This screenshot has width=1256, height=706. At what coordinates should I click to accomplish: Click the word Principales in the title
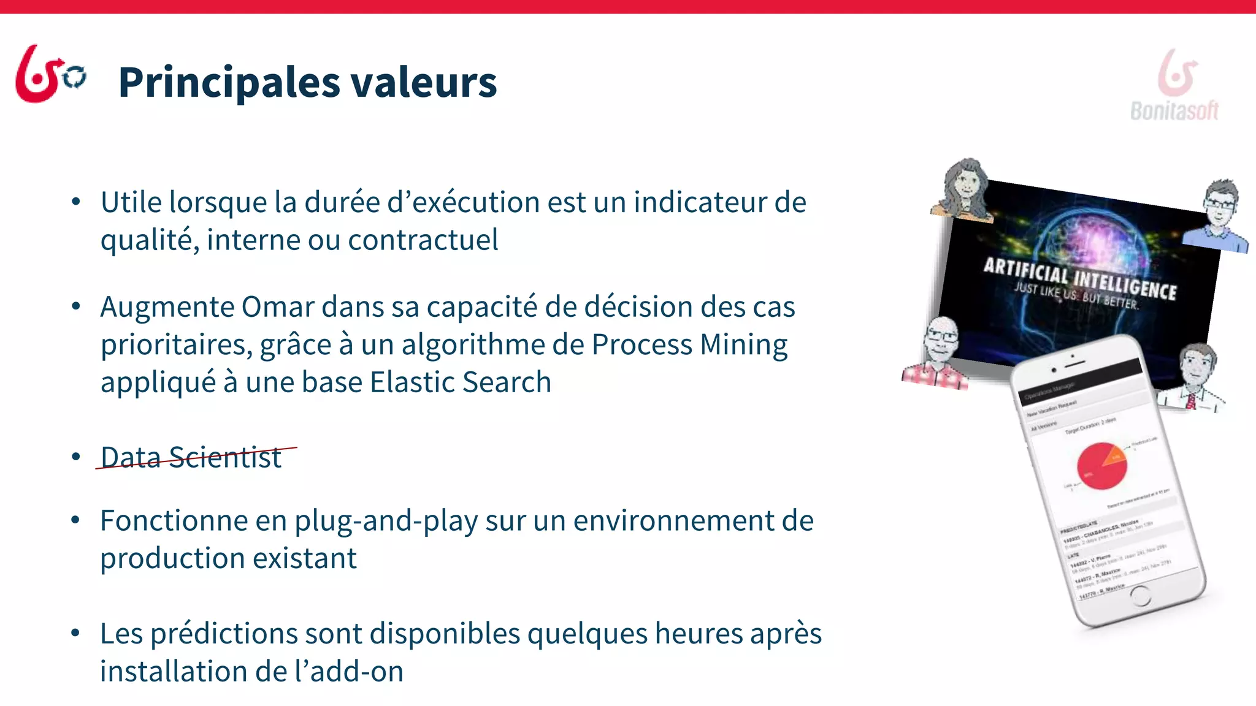(229, 83)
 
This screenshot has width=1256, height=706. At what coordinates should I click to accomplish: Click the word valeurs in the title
(423, 83)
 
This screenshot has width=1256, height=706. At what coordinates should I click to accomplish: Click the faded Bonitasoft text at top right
(1174, 111)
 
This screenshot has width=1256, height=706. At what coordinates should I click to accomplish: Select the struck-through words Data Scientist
(191, 457)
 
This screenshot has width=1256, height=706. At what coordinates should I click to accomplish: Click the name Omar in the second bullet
(278, 306)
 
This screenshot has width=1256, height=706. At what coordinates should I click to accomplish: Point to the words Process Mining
(689, 344)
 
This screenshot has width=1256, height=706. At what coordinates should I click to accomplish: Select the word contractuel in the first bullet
(423, 240)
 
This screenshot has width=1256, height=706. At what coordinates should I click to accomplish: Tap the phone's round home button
(1139, 595)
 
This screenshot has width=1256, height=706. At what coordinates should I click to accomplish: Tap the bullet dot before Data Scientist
(76, 457)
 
